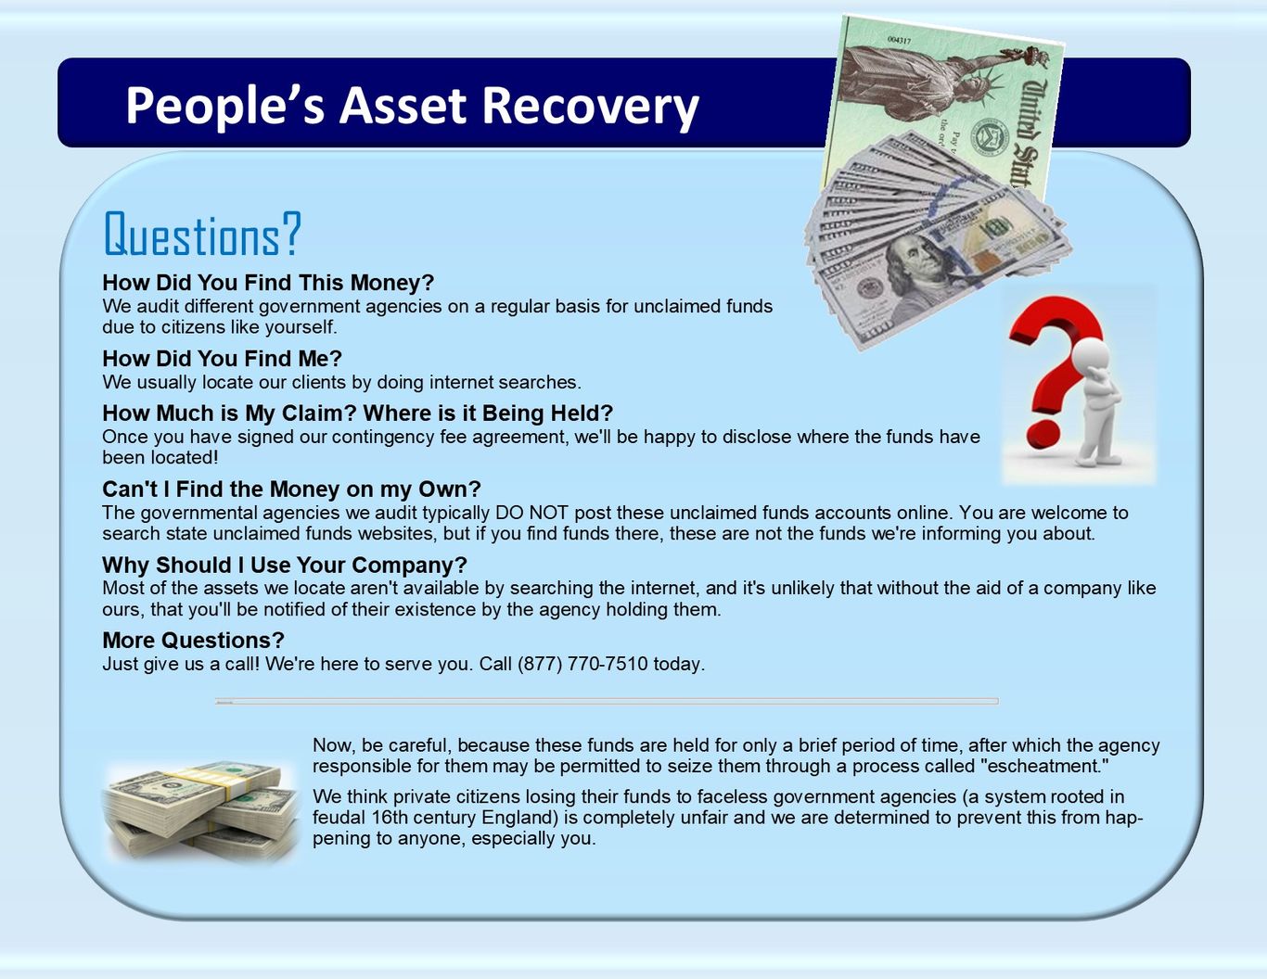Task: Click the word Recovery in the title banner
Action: [x=590, y=107]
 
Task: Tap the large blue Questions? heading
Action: [x=202, y=234]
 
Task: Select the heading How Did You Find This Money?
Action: [x=268, y=283]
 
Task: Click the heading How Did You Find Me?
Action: [x=223, y=359]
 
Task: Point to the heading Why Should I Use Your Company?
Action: [x=285, y=565]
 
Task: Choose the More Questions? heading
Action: [x=194, y=640]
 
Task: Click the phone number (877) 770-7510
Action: [x=582, y=664]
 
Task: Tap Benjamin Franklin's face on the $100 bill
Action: [x=915, y=263]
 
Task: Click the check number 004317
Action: [x=899, y=40]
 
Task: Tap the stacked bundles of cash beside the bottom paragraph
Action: [x=201, y=810]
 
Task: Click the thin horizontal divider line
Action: [x=607, y=701]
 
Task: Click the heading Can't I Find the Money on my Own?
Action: [x=291, y=489]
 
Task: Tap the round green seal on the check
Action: [x=990, y=136]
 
